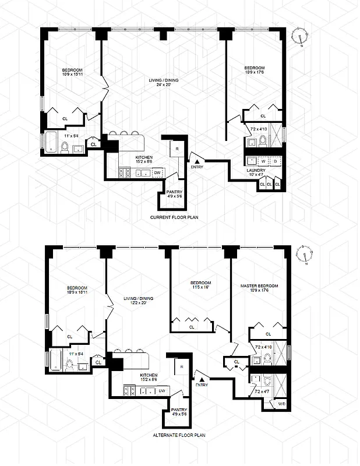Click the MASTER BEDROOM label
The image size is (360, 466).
pyautogui.click(x=259, y=286)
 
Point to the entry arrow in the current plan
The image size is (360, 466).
pyautogui.click(x=197, y=160)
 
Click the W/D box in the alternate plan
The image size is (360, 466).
pyautogui.click(x=281, y=404)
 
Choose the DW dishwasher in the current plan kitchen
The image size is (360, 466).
pyautogui.click(x=157, y=172)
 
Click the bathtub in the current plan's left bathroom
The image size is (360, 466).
pyautogui.click(x=52, y=143)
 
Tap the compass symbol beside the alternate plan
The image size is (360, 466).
pyautogui.click(x=308, y=255)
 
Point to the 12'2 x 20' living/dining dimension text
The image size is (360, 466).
pyautogui.click(x=133, y=304)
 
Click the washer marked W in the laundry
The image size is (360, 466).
pyautogui.click(x=262, y=161)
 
